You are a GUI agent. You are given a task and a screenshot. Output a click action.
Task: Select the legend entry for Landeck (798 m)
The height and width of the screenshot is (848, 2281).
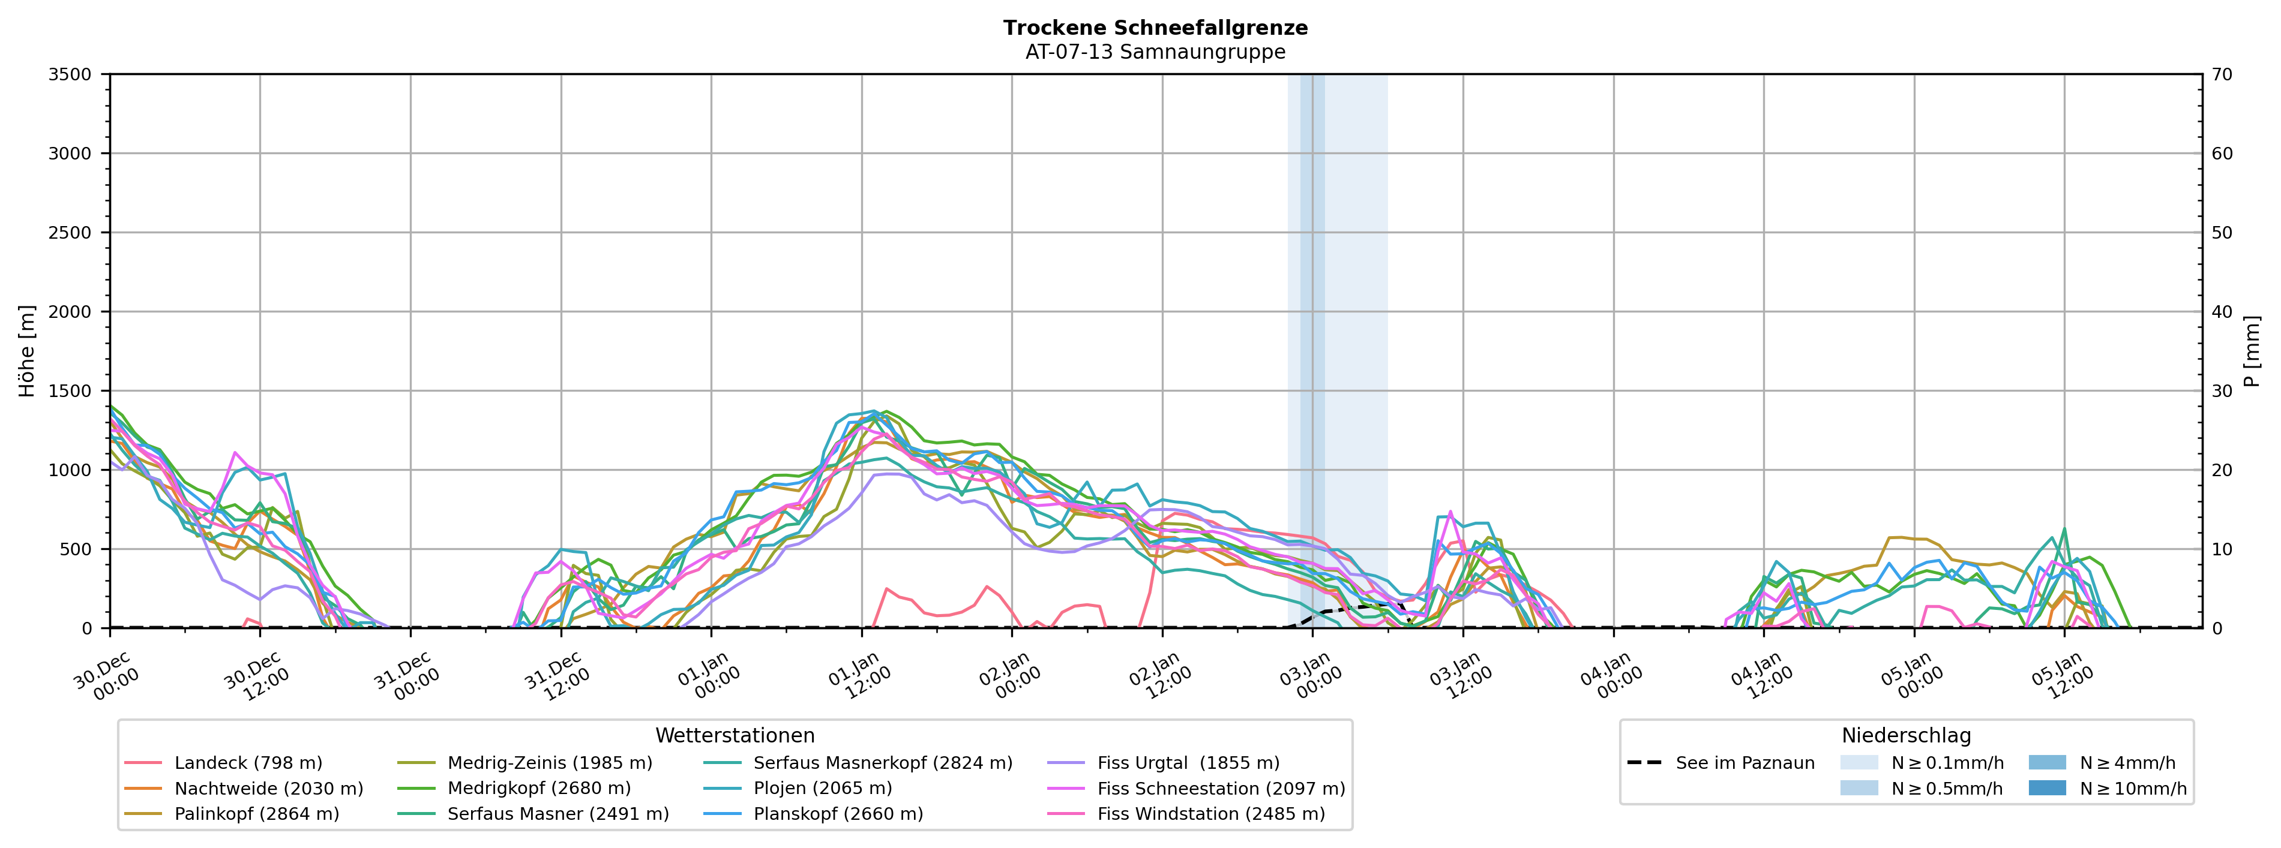tap(248, 763)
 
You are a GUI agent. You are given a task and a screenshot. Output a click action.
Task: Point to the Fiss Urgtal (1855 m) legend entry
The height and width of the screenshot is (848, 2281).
tap(1188, 763)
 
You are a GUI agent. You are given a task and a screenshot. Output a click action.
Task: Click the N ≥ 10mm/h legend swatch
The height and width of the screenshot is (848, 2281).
tap(2046, 789)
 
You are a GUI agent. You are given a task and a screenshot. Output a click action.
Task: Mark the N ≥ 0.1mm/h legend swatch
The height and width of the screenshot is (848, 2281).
tap(1859, 763)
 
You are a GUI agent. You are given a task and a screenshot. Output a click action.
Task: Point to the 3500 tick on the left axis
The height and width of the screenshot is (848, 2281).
tap(70, 74)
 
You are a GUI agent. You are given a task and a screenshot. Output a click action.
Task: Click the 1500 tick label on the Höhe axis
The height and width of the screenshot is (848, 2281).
tap(70, 391)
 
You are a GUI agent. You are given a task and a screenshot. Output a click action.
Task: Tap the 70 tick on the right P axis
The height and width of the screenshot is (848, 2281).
tap(2222, 74)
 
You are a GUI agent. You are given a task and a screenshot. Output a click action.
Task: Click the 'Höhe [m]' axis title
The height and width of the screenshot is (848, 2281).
tap(26, 351)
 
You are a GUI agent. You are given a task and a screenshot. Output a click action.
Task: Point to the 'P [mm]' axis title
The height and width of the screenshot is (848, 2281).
tap(2253, 351)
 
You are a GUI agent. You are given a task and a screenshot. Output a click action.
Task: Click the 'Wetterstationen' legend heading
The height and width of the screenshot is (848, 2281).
tap(735, 736)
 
